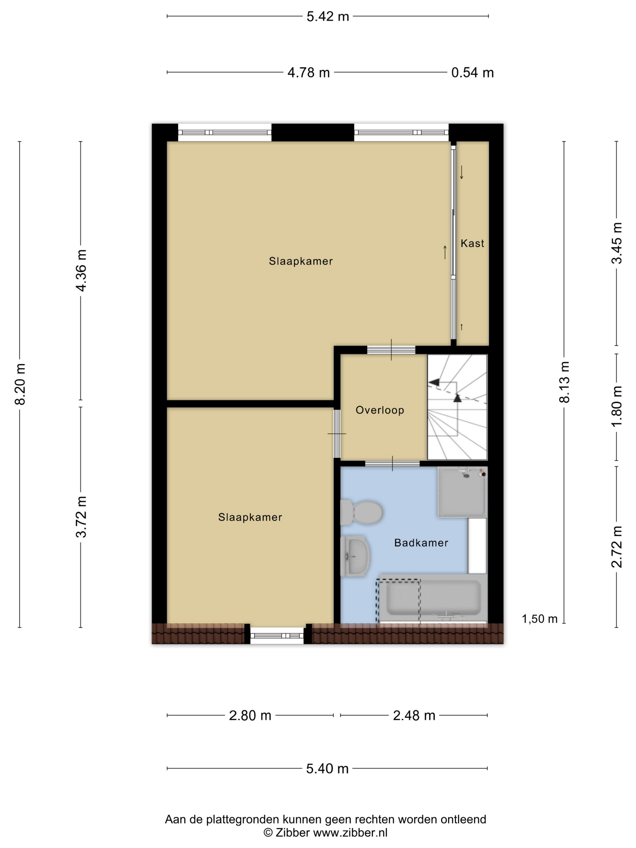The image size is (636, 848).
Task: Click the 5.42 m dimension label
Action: coord(327,16)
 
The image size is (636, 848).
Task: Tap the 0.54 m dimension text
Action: coord(472,72)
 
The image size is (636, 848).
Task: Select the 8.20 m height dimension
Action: coord(20,384)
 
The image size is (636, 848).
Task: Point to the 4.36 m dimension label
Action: coord(81,270)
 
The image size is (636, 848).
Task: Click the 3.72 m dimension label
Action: coord(81,517)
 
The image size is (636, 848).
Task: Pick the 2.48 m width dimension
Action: coord(414,715)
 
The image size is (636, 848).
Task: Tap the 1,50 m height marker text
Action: coord(539,619)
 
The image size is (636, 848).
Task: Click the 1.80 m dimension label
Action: coord(617,406)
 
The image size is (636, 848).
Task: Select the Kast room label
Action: coord(472,243)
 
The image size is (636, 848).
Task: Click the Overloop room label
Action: coord(379,410)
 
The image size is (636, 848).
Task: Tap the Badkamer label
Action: coord(421,542)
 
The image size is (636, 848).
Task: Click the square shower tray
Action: coord(462,492)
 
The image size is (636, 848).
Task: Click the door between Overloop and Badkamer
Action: coord(392,463)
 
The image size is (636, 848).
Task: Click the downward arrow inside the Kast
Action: coord(462,172)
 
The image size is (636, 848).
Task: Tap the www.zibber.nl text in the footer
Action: coord(350,832)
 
